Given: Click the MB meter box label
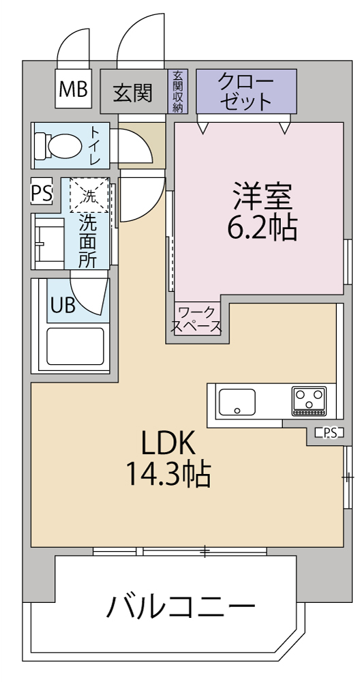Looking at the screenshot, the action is click(73, 89).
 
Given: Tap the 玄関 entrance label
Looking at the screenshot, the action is click(133, 92).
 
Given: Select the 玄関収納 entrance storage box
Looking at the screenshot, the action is click(178, 91).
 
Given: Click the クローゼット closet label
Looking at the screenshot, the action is click(246, 91).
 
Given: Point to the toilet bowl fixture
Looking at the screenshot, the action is click(58, 145).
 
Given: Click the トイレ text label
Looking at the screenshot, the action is click(94, 145).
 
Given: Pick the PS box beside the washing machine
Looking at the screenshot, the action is click(42, 191).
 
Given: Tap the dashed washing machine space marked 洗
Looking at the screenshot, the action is click(89, 195).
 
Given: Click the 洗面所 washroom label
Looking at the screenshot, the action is click(87, 241).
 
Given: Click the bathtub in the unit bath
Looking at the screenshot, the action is click(75, 346).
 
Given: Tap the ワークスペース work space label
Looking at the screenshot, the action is click(196, 319).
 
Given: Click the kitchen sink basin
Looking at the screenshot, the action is click(237, 402).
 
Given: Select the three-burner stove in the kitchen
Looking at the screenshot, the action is click(309, 400).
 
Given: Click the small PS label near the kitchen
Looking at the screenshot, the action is click(329, 433).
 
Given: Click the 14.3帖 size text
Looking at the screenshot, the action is click(168, 475).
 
